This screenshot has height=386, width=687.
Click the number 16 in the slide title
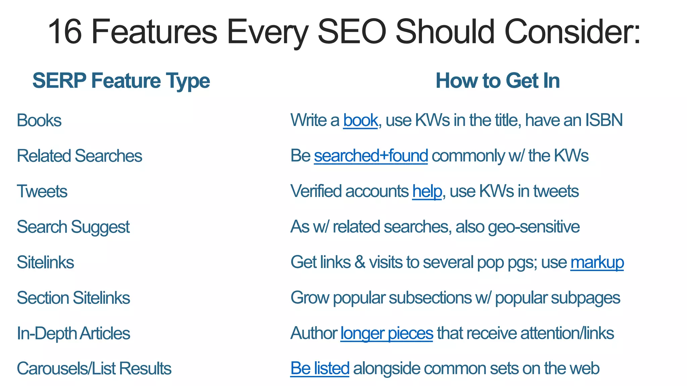point(65,32)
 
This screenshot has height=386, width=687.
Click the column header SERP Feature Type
point(121,81)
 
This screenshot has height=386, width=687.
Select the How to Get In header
point(497,81)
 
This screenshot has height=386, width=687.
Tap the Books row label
point(39,120)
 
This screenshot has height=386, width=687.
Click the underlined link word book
point(360,120)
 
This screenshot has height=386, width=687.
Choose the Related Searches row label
point(80,156)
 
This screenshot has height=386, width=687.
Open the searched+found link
point(371,156)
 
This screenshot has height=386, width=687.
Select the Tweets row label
point(42,191)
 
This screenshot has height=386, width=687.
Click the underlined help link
point(427,191)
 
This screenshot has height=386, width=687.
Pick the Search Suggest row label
point(73,227)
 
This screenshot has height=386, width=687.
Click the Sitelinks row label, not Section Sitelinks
point(45,262)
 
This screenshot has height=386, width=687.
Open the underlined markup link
point(597,262)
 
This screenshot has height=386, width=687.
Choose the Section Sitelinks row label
point(73,298)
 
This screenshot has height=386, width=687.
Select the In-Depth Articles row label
point(73,333)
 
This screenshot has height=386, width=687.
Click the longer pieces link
point(386,333)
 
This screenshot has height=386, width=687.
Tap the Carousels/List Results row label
point(94,369)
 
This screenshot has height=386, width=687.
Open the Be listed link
point(320,368)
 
